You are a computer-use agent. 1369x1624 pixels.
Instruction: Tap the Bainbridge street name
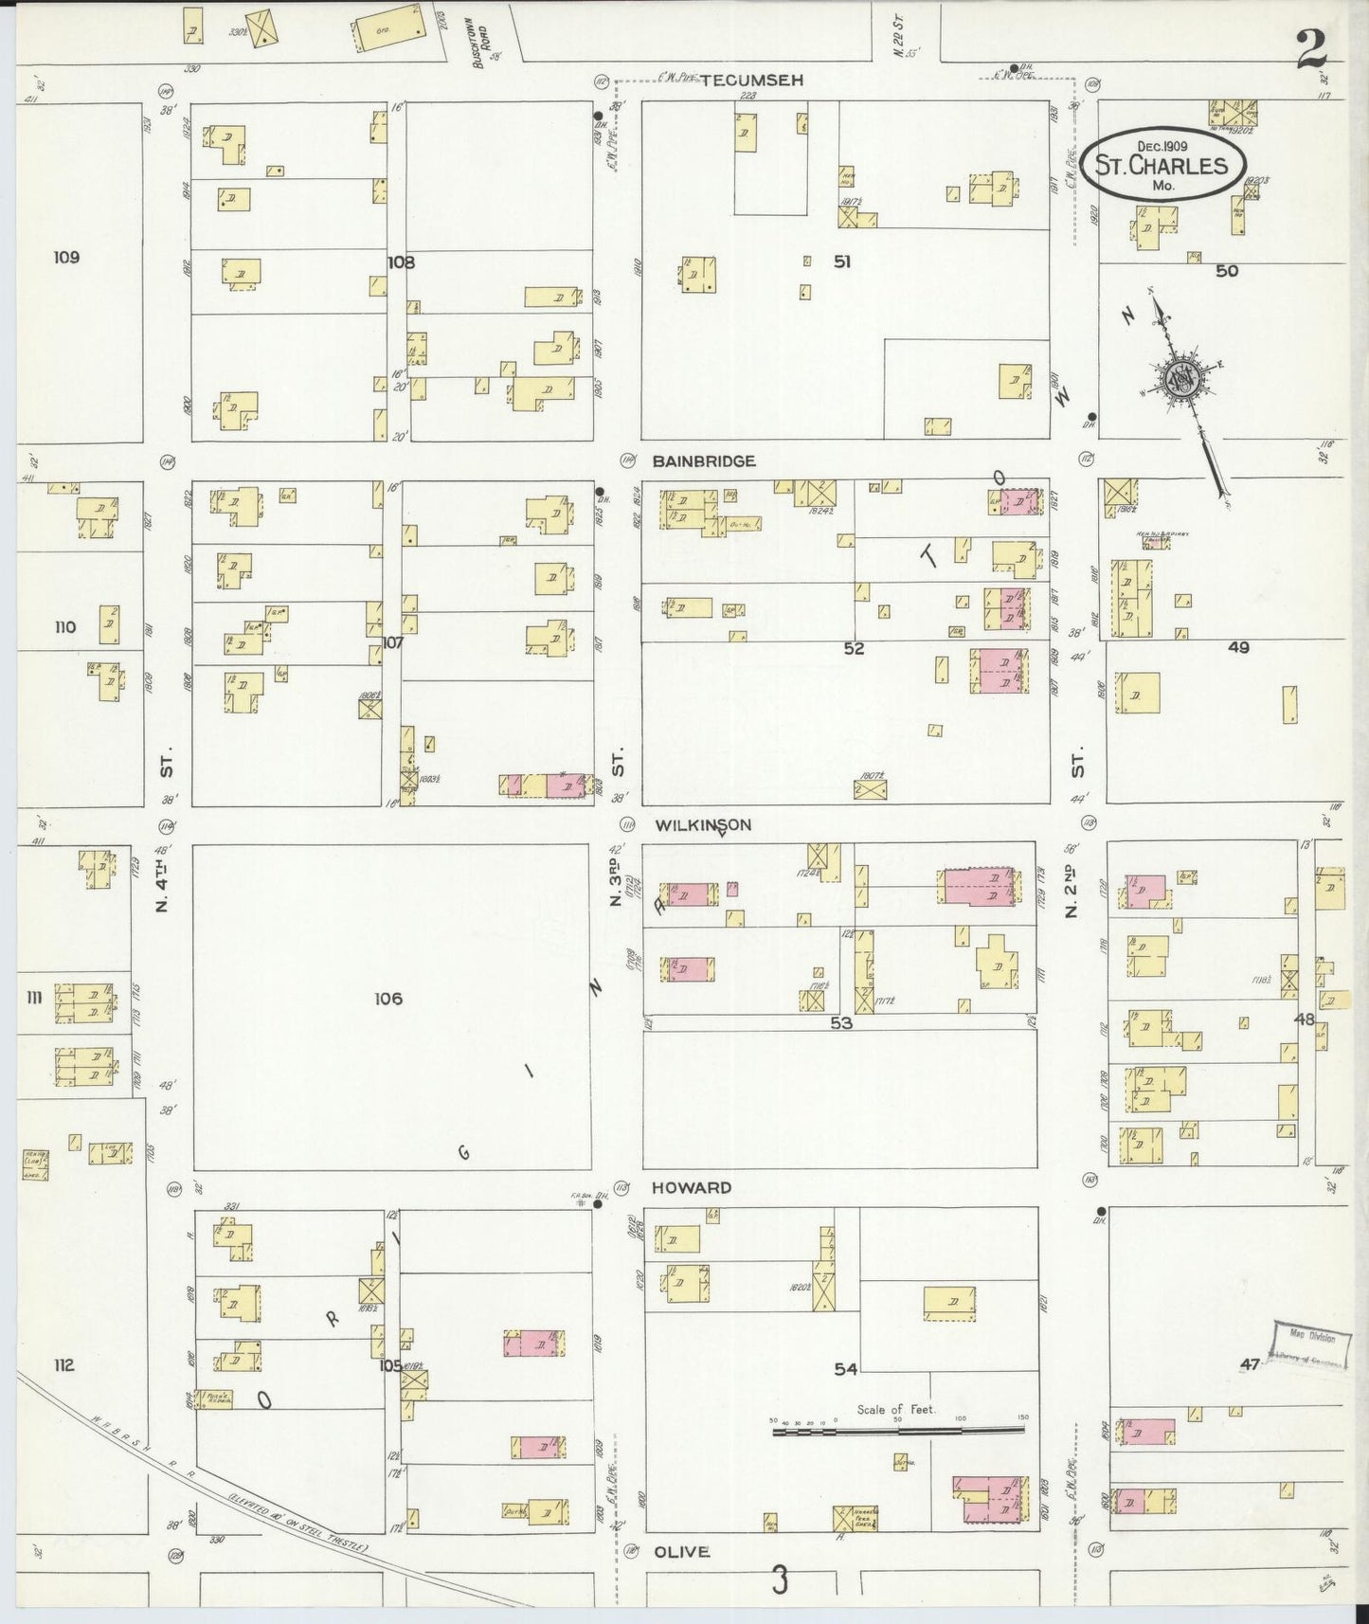(x=703, y=461)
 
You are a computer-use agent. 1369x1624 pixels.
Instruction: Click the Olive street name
(x=681, y=1552)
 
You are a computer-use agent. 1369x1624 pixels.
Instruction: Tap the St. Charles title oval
(x=1162, y=165)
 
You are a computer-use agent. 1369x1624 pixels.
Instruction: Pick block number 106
(x=387, y=999)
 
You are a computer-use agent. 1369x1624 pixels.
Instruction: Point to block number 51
(x=841, y=262)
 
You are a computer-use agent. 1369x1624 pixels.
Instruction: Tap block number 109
(x=66, y=257)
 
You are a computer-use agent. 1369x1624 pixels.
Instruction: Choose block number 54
(x=845, y=1369)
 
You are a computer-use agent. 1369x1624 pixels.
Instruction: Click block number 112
(x=63, y=1365)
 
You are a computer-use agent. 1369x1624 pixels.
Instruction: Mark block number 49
(x=1237, y=648)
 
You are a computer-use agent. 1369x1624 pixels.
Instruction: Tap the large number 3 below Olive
(x=779, y=1579)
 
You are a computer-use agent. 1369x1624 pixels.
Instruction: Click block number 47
(x=1251, y=1364)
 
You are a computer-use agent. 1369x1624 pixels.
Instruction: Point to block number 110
(x=64, y=627)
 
